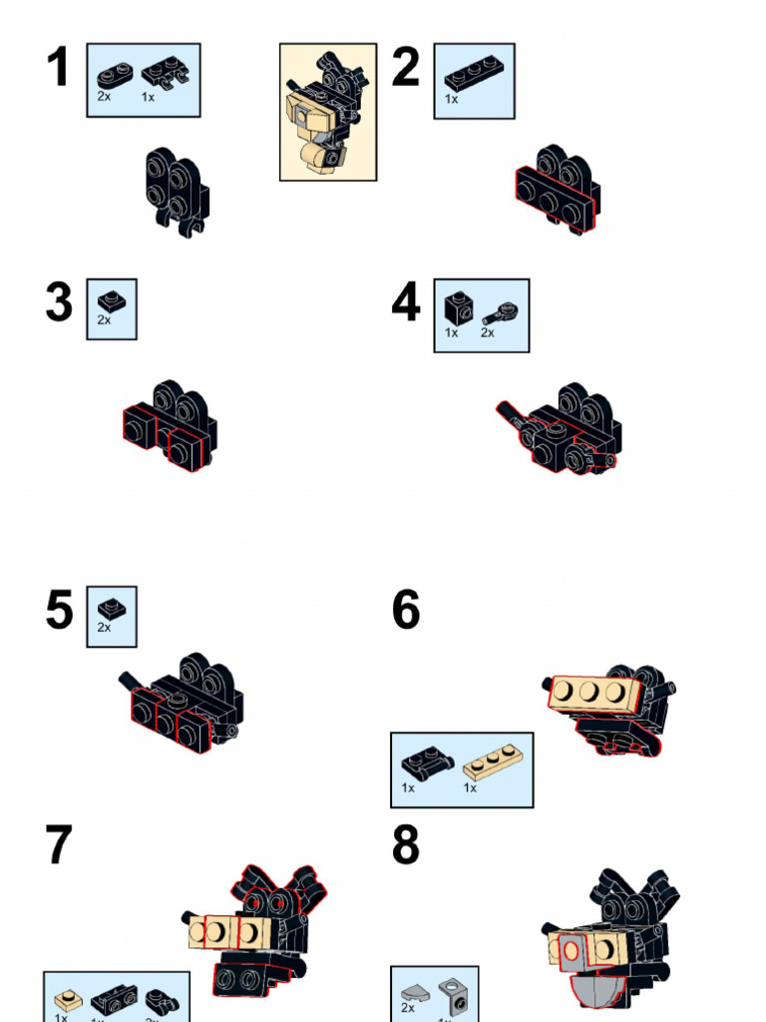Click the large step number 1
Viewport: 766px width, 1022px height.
58,68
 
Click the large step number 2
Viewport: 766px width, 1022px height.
406,68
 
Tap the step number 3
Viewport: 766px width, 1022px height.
59,303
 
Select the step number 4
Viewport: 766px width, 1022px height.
406,303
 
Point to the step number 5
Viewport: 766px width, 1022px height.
59,610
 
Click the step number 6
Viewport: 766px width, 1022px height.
406,610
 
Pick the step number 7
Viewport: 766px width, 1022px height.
59,845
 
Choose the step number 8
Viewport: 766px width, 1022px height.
406,845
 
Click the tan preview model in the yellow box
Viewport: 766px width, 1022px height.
327,112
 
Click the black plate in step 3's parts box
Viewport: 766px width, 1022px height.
111,300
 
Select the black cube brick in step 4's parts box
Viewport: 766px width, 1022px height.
458,307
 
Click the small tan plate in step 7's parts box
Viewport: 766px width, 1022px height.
68,998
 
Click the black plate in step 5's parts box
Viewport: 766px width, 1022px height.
111,608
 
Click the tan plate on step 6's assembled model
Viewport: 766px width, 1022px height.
593,692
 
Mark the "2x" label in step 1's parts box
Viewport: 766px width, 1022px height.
104,97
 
